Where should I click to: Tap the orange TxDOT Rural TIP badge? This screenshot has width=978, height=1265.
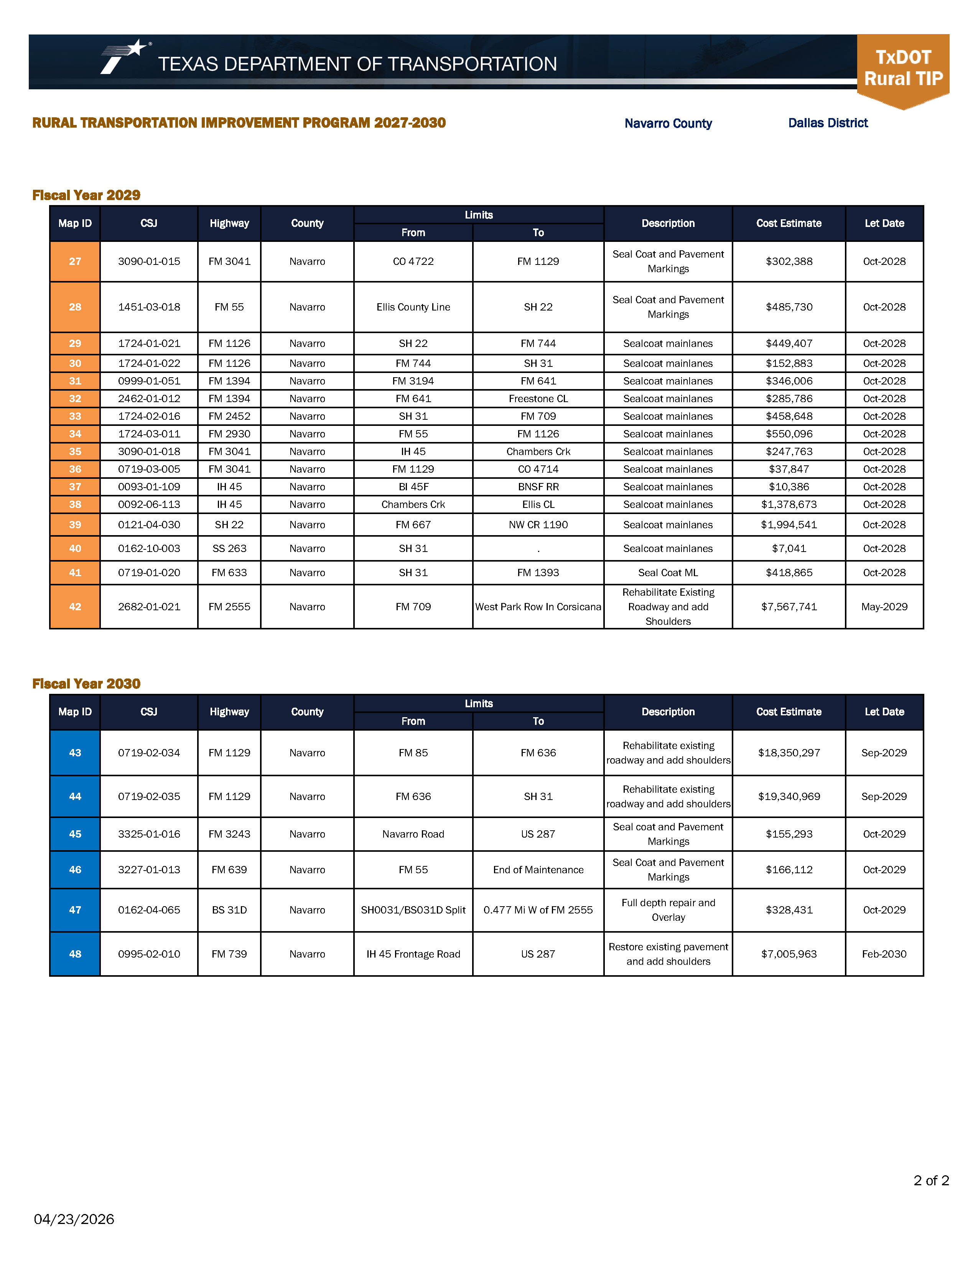pos(903,69)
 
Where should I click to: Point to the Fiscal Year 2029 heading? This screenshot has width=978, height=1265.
pos(86,195)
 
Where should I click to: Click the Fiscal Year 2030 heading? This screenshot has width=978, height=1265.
pos(86,684)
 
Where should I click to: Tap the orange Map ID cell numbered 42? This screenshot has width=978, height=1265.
pos(75,606)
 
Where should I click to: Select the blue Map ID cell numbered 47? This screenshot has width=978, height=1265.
pos(75,910)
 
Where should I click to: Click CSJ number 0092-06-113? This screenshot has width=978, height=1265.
pos(149,504)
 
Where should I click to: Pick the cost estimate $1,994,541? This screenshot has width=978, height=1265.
pos(789,525)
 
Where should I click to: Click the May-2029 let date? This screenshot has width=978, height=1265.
pos(884,606)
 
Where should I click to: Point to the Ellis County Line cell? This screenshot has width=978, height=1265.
pos(413,307)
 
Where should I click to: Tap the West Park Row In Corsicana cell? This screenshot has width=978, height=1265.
pos(538,606)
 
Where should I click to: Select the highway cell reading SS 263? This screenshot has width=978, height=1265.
pos(229,549)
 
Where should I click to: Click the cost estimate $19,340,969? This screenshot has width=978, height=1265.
pos(789,797)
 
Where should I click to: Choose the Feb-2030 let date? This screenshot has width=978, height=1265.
pos(884,954)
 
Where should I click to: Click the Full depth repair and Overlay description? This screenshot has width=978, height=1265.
pos(668,910)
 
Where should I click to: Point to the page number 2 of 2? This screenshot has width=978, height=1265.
pos(930,1180)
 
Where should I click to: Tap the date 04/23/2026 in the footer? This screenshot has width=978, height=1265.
pos(74,1219)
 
